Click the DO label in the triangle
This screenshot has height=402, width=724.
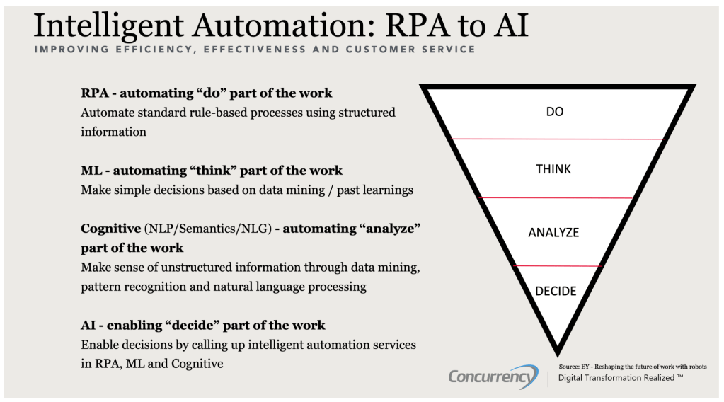click(555, 112)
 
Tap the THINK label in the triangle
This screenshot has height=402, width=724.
click(553, 169)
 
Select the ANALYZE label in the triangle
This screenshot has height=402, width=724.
click(553, 232)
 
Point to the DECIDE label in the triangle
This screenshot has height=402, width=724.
click(556, 291)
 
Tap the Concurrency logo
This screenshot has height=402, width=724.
click(493, 377)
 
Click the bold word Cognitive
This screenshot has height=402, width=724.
click(111, 229)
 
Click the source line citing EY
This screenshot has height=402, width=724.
click(632, 367)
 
